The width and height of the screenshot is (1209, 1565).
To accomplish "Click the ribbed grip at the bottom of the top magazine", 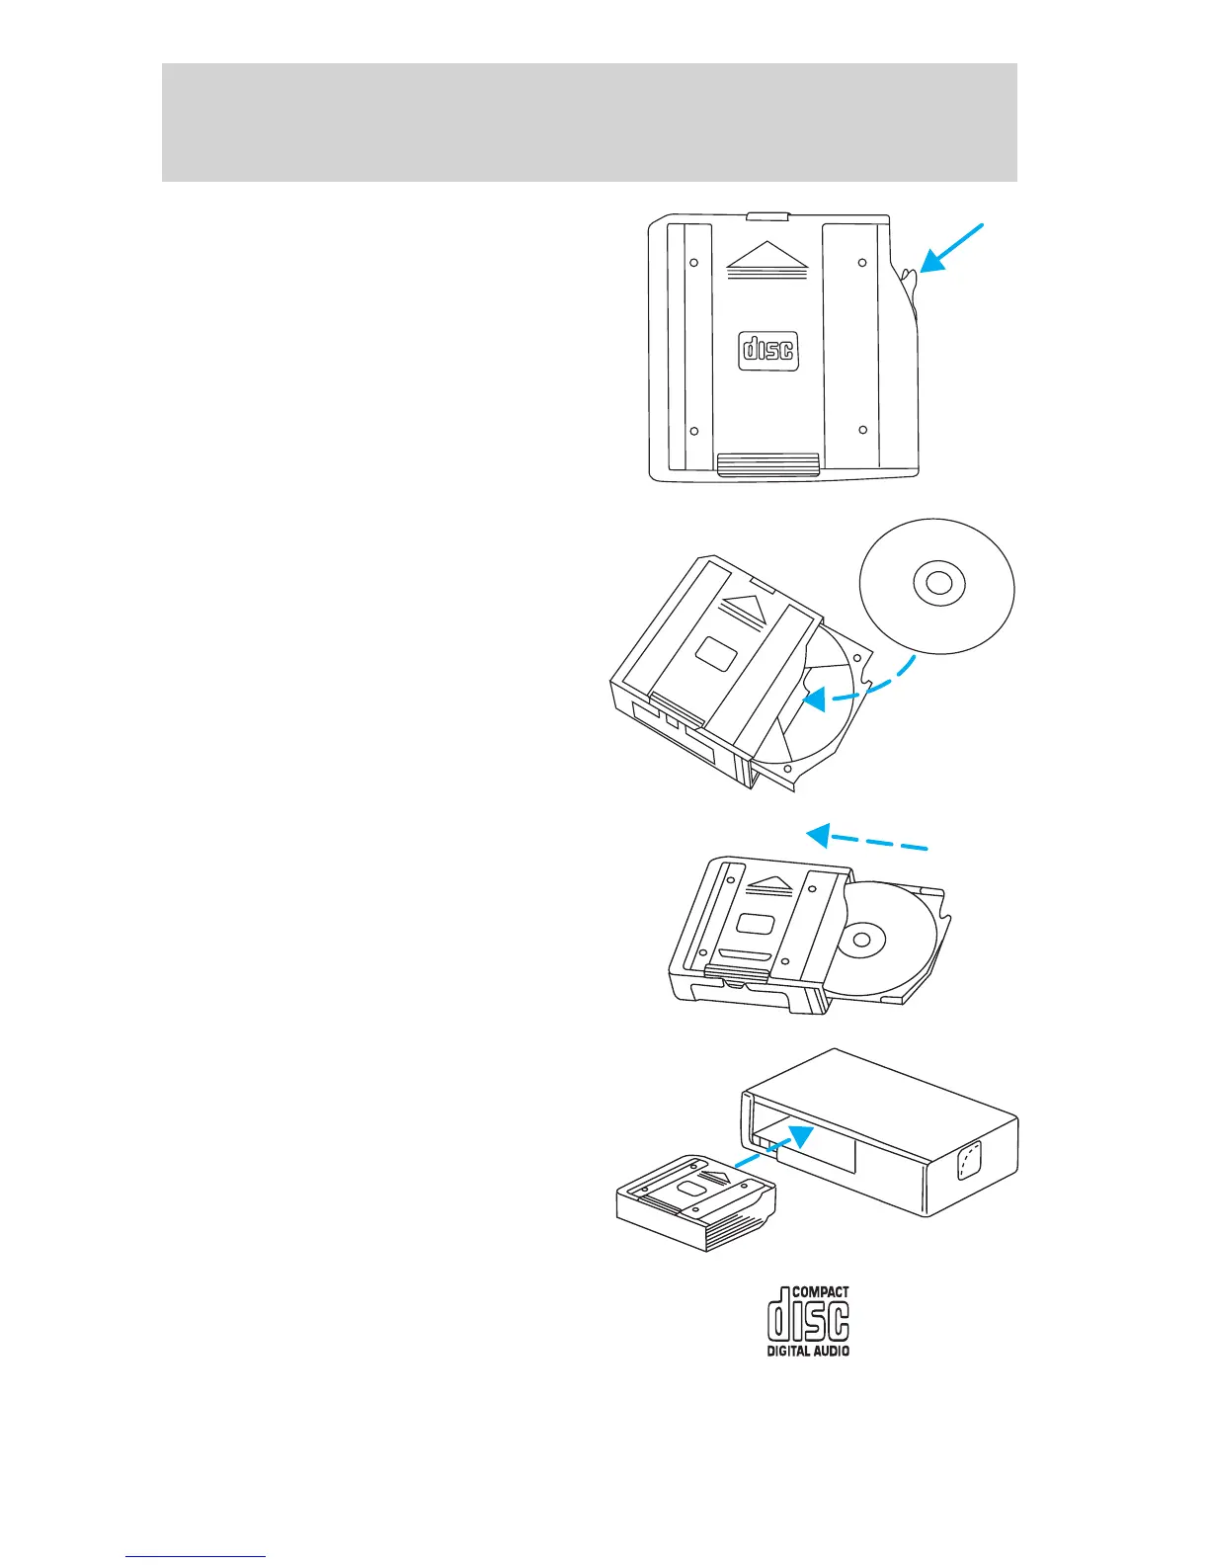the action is [767, 464].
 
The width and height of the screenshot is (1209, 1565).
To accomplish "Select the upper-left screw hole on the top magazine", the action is [693, 263].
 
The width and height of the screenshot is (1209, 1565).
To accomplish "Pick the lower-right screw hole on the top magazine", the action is [862, 430].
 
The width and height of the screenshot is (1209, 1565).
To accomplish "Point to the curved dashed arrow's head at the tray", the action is [813, 700].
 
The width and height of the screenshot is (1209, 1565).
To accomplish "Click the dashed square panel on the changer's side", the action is [967, 1160].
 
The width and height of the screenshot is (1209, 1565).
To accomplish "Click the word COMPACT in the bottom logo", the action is [821, 1291].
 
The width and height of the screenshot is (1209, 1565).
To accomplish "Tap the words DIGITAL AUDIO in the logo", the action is [808, 1351].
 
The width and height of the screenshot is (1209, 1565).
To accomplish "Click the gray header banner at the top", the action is [589, 122].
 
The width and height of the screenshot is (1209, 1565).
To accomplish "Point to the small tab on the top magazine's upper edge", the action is [766, 215].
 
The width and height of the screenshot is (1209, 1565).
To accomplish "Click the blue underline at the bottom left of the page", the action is [196, 1556].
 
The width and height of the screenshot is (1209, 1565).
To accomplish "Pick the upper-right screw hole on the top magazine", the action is [862, 263].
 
